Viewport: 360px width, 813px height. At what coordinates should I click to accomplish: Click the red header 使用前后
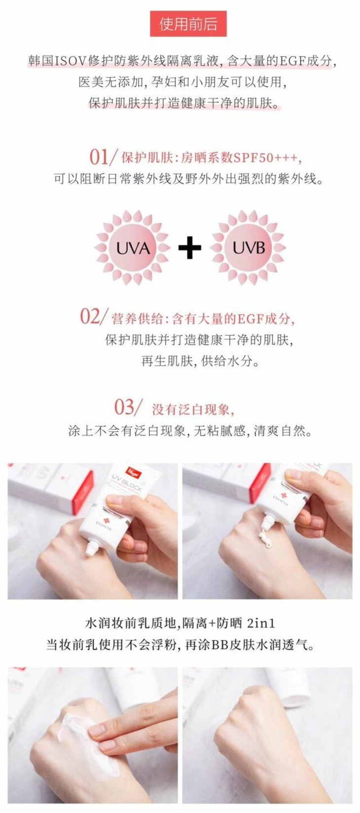[188, 24]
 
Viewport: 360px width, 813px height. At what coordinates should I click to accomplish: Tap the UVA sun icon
[132, 248]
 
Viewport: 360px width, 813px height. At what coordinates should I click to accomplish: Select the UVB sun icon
[249, 248]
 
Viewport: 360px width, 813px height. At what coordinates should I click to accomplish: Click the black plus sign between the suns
[190, 248]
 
